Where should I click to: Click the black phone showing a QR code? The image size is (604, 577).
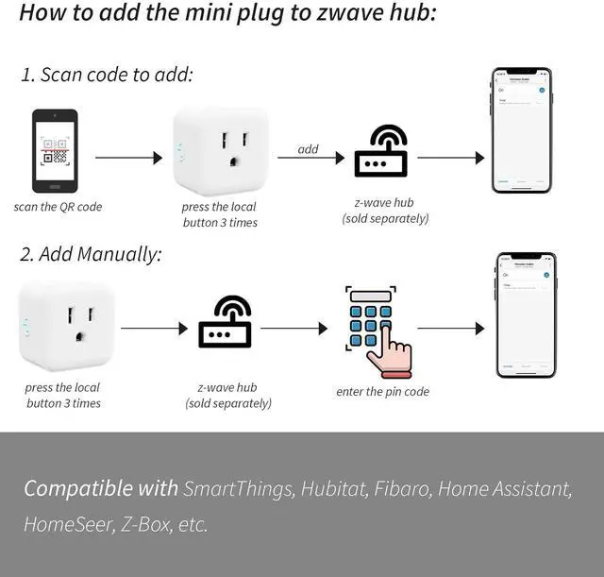coord(55,151)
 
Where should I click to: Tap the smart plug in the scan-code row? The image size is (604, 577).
coord(221,149)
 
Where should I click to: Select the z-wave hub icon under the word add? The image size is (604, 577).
coord(381,151)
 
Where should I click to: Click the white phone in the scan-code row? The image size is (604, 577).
coord(521,130)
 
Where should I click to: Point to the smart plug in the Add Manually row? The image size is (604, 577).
coord(66,326)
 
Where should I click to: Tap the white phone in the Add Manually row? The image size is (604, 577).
coord(527,315)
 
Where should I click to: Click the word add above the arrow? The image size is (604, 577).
coord(309,148)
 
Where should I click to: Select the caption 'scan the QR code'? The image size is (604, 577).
coord(58,207)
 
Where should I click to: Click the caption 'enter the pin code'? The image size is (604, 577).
coord(382,391)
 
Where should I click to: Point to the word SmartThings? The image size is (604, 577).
coord(239,489)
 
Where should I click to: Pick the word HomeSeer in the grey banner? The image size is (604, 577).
coord(65,524)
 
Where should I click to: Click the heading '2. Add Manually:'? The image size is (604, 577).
coord(91,254)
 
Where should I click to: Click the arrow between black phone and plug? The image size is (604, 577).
coord(128,158)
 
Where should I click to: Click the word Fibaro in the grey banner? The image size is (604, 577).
coord(402,489)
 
